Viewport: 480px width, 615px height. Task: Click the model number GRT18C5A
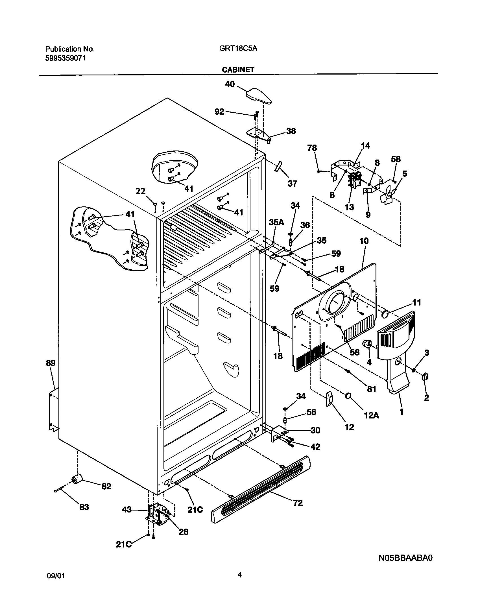pos(238,49)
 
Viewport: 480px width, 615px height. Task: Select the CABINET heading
pos(238,70)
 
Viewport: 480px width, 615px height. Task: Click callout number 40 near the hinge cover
pos(230,84)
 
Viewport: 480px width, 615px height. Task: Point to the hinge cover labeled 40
pos(259,96)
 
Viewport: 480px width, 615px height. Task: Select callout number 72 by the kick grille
pos(298,503)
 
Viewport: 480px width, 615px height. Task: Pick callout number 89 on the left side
pos(51,363)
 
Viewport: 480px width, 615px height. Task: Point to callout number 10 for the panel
pos(364,241)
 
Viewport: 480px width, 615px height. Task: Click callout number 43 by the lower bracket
pos(127,510)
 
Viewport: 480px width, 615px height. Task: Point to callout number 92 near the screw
pos(219,112)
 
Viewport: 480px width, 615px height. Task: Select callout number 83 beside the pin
pos(84,507)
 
